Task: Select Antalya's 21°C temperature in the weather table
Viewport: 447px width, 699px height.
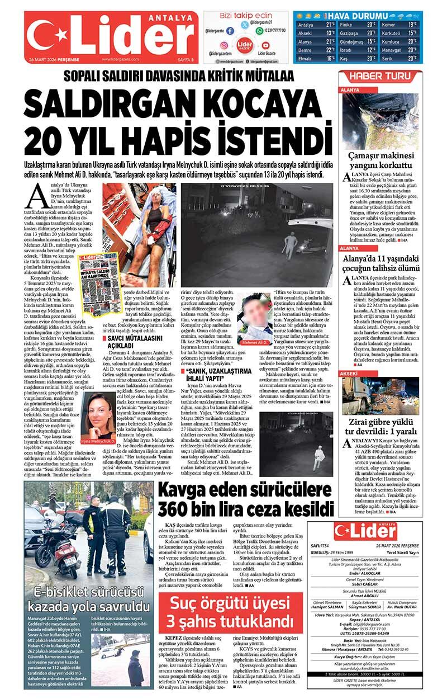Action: click(x=330, y=25)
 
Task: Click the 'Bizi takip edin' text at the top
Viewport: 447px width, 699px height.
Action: click(x=246, y=15)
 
